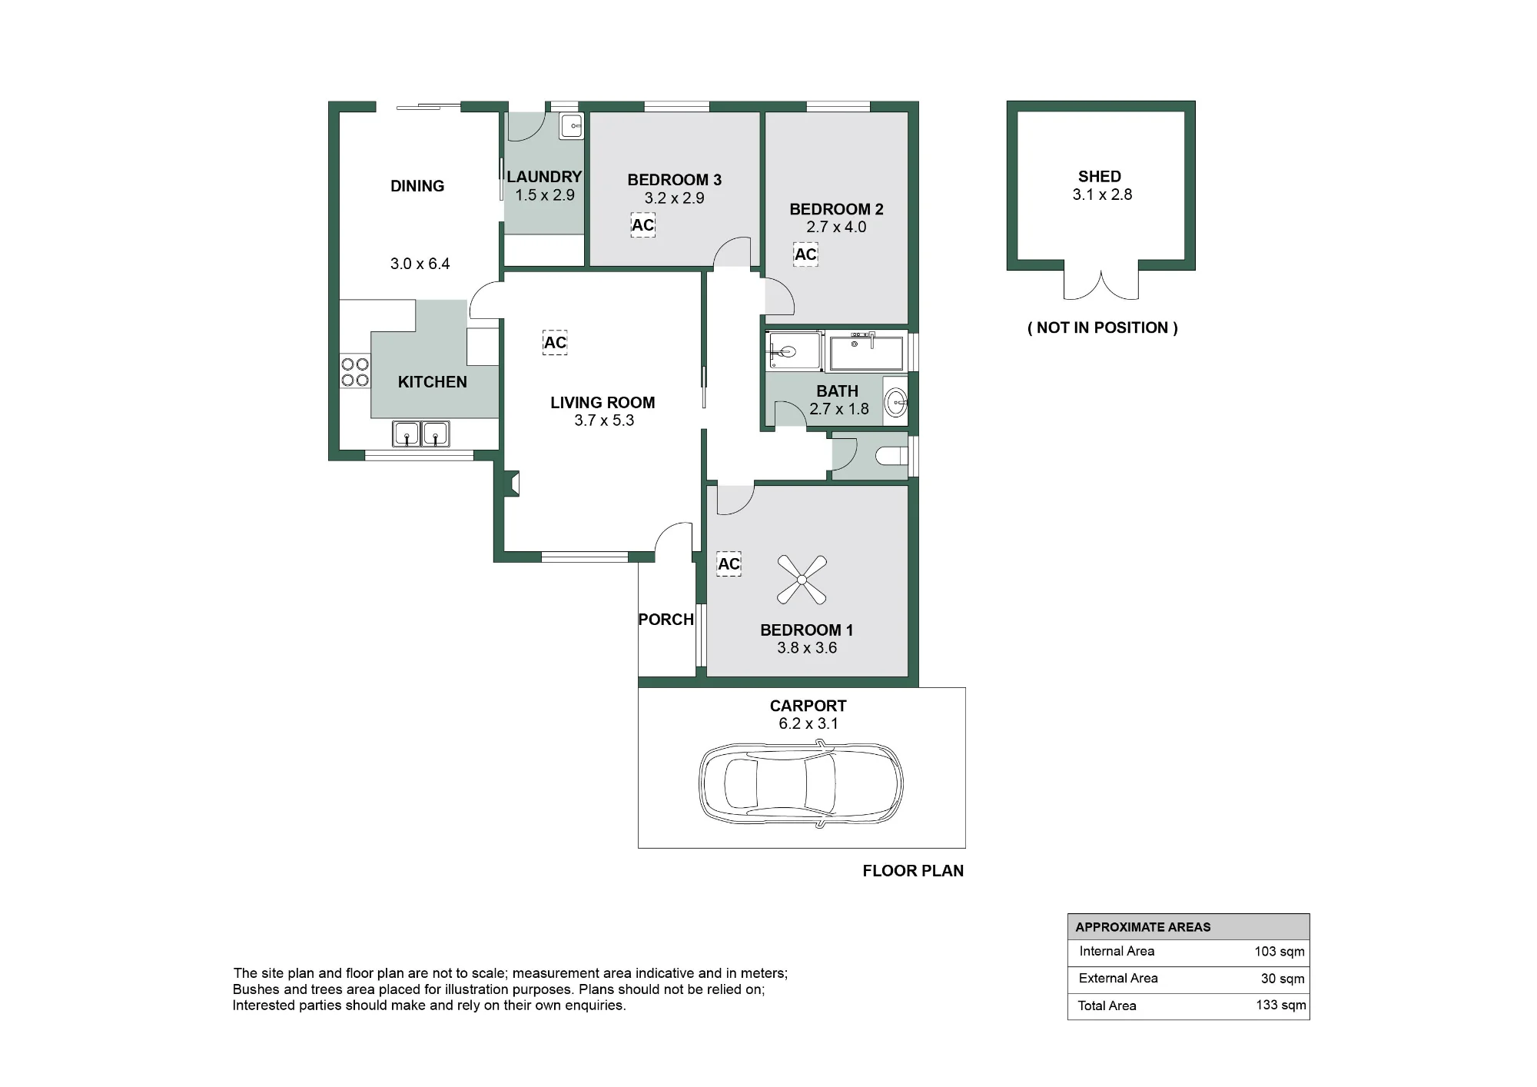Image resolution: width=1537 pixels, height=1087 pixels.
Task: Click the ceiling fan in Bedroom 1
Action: [x=802, y=580]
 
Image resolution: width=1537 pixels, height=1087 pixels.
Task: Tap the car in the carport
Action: [x=801, y=784]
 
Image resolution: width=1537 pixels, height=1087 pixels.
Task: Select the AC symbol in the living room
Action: [x=555, y=343]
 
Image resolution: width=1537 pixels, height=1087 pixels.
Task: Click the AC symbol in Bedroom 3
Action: [x=643, y=225]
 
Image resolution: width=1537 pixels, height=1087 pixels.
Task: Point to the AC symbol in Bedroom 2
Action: [x=805, y=254]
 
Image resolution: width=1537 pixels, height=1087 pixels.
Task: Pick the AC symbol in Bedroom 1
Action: [x=729, y=564]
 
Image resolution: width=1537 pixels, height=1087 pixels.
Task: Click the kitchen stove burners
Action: [x=355, y=372]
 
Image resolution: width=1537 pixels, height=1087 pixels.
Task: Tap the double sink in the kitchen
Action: [x=421, y=434]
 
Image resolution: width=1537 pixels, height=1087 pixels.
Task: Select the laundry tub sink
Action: [x=571, y=126]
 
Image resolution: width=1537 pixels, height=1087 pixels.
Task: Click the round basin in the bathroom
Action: [x=895, y=401]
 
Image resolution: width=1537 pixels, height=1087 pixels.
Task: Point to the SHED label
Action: [x=1100, y=177]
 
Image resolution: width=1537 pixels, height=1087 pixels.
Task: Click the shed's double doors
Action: [x=1101, y=285]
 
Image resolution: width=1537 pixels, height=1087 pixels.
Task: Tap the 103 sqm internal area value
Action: [x=1280, y=952]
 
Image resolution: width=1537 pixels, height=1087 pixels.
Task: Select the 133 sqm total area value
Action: [x=1281, y=1005]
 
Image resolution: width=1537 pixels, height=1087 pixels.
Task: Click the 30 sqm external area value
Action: [x=1283, y=979]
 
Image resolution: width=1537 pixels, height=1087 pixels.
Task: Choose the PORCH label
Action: [x=666, y=620]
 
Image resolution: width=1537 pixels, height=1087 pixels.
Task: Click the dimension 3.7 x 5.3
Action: [x=604, y=421]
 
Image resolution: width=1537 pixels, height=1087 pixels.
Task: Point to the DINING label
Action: [x=417, y=186]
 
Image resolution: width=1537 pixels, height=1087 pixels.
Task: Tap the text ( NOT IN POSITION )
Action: [x=1103, y=327]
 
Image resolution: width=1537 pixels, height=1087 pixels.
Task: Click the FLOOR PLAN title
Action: [x=913, y=871]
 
